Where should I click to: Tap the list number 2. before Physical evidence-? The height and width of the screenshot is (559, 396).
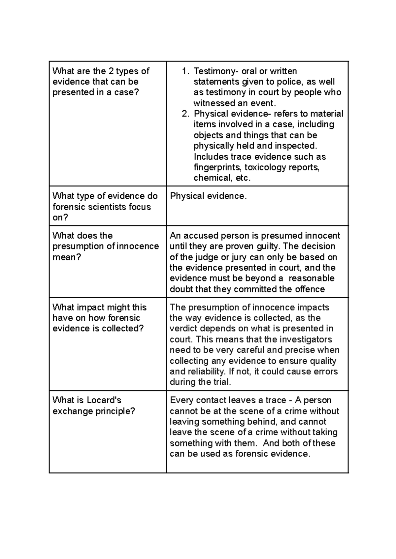point(186,114)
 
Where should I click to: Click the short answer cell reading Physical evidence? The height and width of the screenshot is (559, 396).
point(208,196)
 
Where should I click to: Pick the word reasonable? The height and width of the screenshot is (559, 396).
point(311,278)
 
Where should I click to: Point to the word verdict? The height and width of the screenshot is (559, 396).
point(183,329)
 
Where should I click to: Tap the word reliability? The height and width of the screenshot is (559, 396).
point(206,372)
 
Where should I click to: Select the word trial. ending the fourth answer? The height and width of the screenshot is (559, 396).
point(221,382)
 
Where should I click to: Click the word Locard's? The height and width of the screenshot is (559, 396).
point(104,400)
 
